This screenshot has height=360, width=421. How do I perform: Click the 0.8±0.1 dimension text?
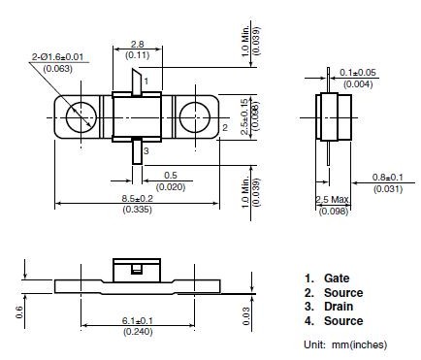(x=391, y=176)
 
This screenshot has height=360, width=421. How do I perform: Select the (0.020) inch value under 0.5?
(x=170, y=185)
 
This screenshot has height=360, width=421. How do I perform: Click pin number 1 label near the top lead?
(x=145, y=82)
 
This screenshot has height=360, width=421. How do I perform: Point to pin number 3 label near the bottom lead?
(x=146, y=150)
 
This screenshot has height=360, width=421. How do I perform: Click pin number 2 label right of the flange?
(x=225, y=127)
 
